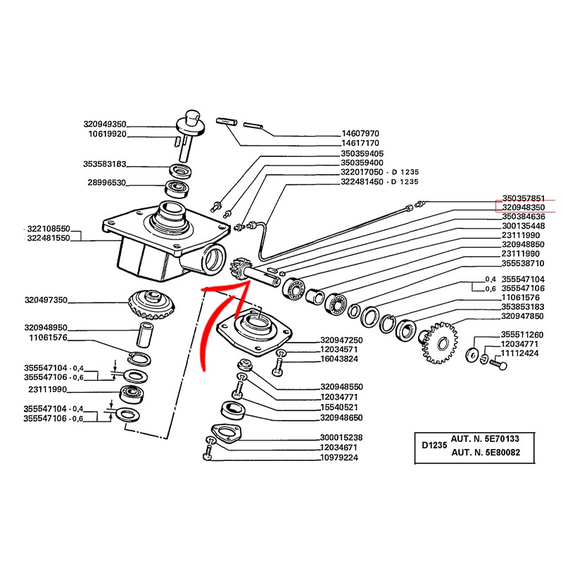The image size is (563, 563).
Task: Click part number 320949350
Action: (46, 123)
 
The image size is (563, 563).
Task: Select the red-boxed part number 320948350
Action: (524, 208)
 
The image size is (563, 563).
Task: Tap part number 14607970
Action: (360, 133)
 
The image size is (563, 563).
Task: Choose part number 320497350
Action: (46, 300)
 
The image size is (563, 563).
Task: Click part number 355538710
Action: (524, 263)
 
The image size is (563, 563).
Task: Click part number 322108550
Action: (49, 229)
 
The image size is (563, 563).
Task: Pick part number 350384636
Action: (524, 217)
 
